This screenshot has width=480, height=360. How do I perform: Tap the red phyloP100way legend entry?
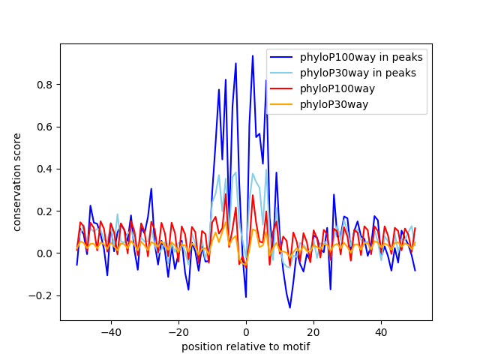click(x=337, y=88)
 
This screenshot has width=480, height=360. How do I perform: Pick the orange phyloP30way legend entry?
click(x=334, y=104)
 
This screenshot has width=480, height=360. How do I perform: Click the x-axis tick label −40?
click(x=110, y=331)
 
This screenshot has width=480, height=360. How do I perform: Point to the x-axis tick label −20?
click(x=178, y=331)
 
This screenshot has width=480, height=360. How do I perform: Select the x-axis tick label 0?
click(x=246, y=331)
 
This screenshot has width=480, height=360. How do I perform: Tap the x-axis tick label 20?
click(x=313, y=331)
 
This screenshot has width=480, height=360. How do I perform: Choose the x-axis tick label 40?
click(x=381, y=331)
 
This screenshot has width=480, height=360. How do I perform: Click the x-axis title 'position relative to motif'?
click(x=245, y=346)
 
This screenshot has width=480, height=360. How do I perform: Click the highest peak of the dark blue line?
click(x=253, y=55)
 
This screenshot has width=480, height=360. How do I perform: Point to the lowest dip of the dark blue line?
click(x=289, y=307)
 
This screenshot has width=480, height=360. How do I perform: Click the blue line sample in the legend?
click(x=282, y=57)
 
